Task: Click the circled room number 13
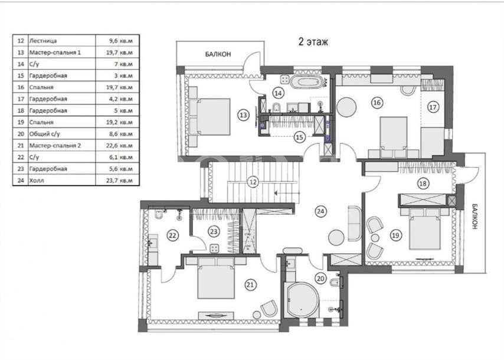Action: tap(244, 114)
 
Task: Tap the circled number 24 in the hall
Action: tap(321, 211)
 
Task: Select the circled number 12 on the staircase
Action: tap(253, 182)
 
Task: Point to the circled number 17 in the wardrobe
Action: tap(433, 107)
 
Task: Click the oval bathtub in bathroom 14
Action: tap(306, 82)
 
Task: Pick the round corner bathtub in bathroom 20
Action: tap(303, 300)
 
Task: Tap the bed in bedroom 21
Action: tap(215, 278)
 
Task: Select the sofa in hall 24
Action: tap(355, 223)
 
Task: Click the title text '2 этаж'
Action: tap(313, 42)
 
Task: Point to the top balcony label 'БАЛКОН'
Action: tap(218, 54)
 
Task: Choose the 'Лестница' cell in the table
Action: tap(43, 41)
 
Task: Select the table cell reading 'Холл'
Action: tap(37, 181)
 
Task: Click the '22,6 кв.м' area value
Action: tap(119, 146)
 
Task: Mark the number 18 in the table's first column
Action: tap(21, 110)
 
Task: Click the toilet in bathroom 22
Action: tap(159, 214)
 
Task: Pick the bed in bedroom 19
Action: tap(424, 229)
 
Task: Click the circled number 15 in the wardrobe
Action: tap(299, 138)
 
